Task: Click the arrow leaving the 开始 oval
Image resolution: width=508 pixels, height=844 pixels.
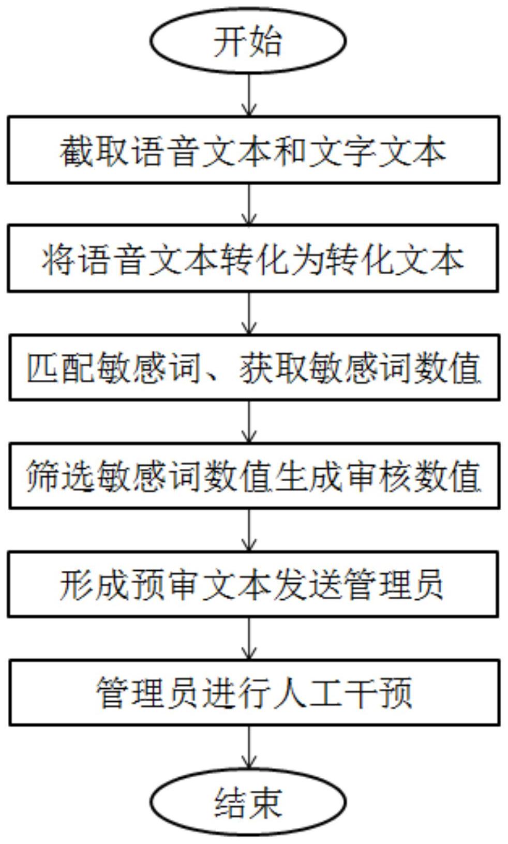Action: pos(248,95)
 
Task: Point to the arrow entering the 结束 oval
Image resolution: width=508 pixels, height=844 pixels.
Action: pos(248,748)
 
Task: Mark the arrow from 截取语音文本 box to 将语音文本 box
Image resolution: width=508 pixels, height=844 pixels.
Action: pos(248,204)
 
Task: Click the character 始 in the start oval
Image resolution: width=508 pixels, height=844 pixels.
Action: pos(265,41)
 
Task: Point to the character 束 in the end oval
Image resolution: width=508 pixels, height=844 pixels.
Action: pos(265,803)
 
